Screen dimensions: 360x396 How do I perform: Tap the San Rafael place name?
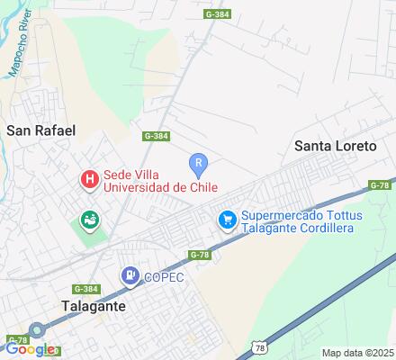coord(40,130)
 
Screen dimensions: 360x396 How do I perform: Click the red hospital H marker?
coord(89,180)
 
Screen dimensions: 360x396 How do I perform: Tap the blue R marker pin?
coord(199,164)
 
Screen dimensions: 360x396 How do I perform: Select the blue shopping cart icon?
coord(227,219)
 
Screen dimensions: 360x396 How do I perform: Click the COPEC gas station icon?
coord(131,276)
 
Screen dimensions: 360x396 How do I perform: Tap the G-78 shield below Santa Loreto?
coord(380,185)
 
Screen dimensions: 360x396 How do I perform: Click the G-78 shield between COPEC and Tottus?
coord(200,255)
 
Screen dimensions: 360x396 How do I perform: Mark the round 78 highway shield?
coord(259,346)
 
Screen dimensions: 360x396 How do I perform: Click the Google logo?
coord(29,349)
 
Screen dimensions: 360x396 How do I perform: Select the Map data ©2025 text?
coord(357,352)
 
